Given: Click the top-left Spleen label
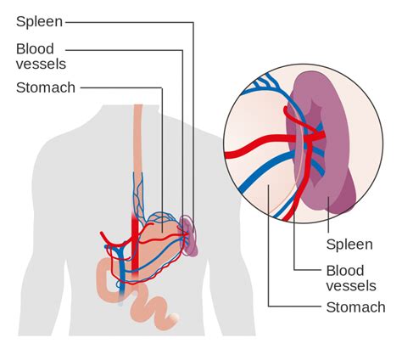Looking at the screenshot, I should point(39,20).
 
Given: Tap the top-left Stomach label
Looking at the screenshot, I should point(45,87).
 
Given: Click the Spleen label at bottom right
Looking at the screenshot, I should point(349,245).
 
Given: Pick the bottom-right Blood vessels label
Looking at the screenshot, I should point(350,277).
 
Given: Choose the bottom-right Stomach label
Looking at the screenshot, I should point(355,307).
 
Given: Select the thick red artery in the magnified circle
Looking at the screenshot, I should point(254,154).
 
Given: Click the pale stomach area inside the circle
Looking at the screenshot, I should point(254,191).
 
